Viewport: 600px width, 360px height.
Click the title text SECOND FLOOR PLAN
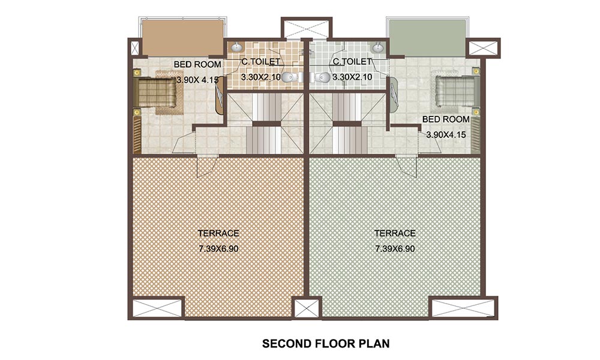pos(326,344)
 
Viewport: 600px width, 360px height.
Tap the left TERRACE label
pos(219,233)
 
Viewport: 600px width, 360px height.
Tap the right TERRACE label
pos(395,233)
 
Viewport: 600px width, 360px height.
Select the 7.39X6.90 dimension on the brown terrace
pos(219,248)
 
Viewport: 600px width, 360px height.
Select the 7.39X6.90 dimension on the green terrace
pos(395,248)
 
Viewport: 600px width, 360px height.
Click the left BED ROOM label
pos(197,64)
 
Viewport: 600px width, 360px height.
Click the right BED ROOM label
pos(446,119)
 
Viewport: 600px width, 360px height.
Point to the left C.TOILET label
pos(260,61)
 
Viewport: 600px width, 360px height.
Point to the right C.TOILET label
pos(352,61)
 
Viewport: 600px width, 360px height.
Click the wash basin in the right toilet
pos(379,47)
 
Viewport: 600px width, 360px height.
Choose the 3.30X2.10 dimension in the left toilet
pos(261,77)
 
